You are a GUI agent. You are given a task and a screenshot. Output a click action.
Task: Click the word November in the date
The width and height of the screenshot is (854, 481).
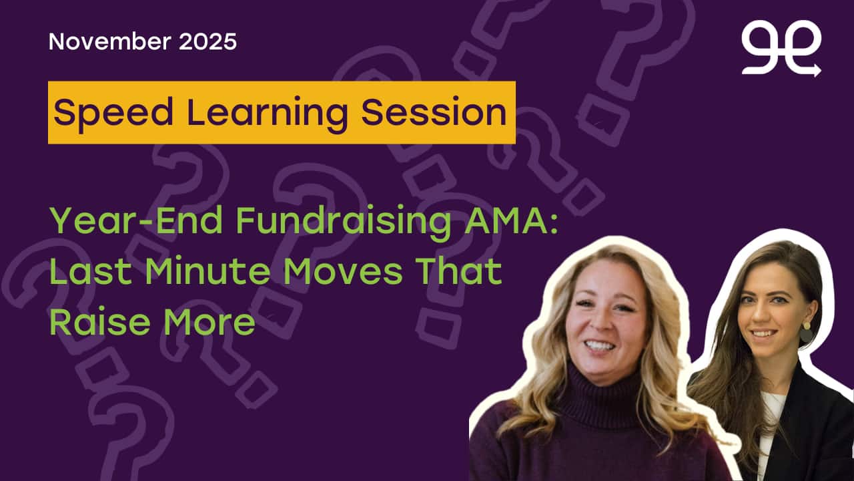109,41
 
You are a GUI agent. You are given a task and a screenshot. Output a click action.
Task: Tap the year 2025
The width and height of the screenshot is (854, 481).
207,41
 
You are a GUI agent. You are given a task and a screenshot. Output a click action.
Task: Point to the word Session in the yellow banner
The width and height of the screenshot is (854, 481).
434,112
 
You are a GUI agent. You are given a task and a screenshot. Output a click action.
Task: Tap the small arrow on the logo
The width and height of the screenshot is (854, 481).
815,70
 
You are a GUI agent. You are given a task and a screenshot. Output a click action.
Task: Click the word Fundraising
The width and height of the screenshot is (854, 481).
344,222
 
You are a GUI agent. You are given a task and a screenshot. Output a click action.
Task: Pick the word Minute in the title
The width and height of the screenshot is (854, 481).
207,271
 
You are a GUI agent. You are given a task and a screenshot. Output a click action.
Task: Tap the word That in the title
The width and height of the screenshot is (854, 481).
458,271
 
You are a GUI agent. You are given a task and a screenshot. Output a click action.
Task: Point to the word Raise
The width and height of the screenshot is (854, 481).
100,322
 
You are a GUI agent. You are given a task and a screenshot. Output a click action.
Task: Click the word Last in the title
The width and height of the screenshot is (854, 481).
91,271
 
